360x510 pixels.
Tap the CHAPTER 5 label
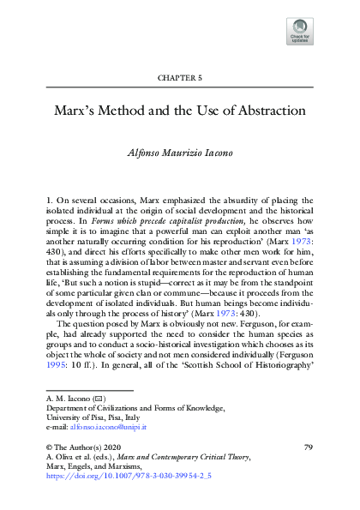pyautogui.click(x=180, y=77)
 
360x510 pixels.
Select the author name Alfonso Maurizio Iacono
pyautogui.click(x=180, y=155)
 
